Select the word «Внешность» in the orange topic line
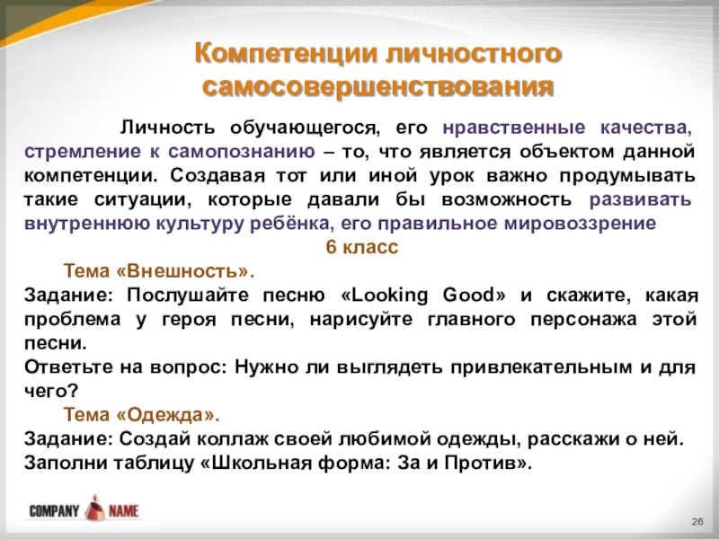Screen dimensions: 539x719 (x=187, y=270)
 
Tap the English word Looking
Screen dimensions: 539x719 (x=389, y=295)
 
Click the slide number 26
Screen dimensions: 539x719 (x=697, y=523)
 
